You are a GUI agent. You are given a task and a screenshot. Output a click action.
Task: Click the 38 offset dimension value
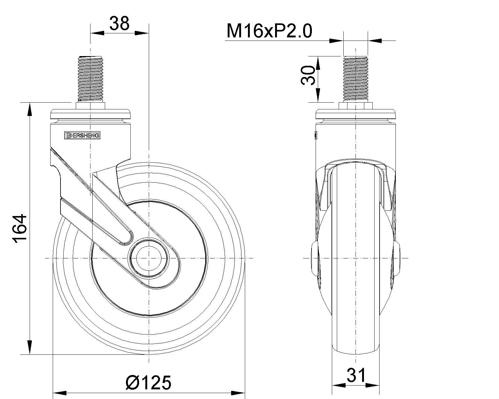coord(119,23)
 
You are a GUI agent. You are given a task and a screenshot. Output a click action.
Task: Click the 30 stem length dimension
coord(308,75)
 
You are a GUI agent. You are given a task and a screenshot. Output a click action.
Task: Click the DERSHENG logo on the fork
coord(82,136)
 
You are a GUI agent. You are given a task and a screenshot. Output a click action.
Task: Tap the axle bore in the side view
coord(149,258)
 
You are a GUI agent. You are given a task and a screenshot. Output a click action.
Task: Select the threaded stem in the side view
coord(90,79)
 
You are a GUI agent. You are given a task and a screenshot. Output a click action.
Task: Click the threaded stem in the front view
coord(356,79)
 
